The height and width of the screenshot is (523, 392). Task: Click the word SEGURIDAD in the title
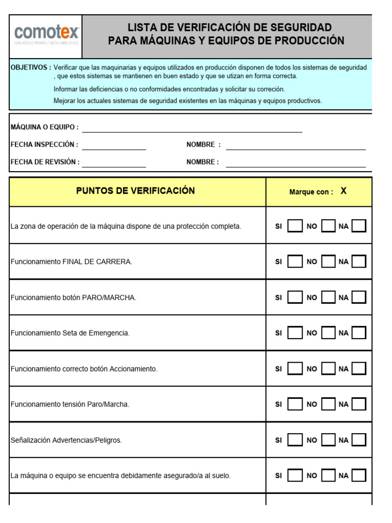(x=300, y=28)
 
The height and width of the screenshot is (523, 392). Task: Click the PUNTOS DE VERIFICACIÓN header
(x=136, y=191)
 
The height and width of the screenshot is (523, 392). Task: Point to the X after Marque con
(x=344, y=191)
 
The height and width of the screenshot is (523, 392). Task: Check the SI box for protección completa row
(x=295, y=226)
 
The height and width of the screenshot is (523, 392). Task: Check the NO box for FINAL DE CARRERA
(x=328, y=261)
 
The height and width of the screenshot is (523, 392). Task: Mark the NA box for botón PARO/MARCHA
(x=359, y=297)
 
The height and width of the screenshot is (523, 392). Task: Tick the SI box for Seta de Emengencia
(x=295, y=333)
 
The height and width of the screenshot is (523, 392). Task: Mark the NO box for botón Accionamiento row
(x=328, y=369)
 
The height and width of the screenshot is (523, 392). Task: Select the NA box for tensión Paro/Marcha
(x=359, y=405)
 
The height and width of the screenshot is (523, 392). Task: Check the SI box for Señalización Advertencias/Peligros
(x=295, y=440)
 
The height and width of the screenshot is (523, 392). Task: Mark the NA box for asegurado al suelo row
(x=359, y=476)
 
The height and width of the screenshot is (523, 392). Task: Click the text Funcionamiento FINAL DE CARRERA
(x=71, y=261)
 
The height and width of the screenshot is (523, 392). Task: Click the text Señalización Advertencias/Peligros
(x=66, y=440)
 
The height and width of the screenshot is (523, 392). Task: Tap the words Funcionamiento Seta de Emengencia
(x=70, y=333)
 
